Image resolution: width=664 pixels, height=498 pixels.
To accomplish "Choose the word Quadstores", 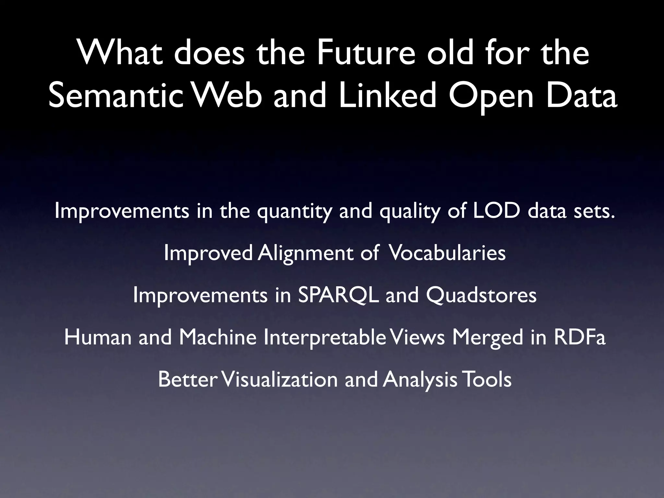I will (481, 295).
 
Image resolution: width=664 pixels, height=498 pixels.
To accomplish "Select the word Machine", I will (218, 337).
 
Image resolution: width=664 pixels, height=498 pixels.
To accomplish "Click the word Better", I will (187, 379).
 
